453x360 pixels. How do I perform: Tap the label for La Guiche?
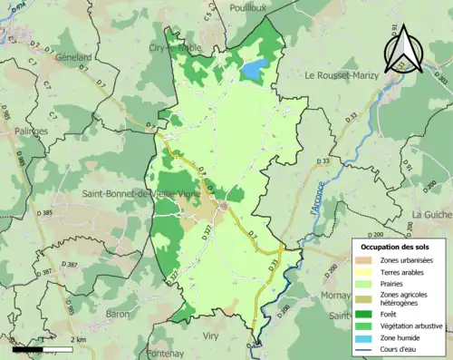tap(431, 214)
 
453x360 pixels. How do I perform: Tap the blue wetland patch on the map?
tap(254, 68)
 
